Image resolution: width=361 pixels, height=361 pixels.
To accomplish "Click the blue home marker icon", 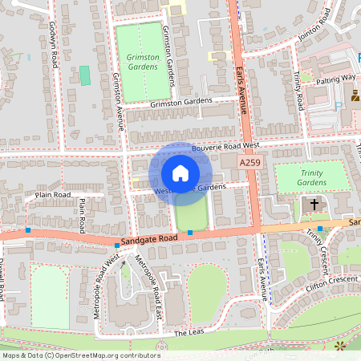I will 180,173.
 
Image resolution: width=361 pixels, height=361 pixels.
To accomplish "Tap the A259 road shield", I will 251,162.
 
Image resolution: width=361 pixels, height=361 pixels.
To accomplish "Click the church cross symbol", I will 314,205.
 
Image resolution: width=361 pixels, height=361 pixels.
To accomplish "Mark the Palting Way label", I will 335,78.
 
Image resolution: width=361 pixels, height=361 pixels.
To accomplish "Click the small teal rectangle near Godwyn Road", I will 85,75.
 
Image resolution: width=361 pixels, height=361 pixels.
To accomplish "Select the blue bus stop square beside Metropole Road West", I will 117,245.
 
